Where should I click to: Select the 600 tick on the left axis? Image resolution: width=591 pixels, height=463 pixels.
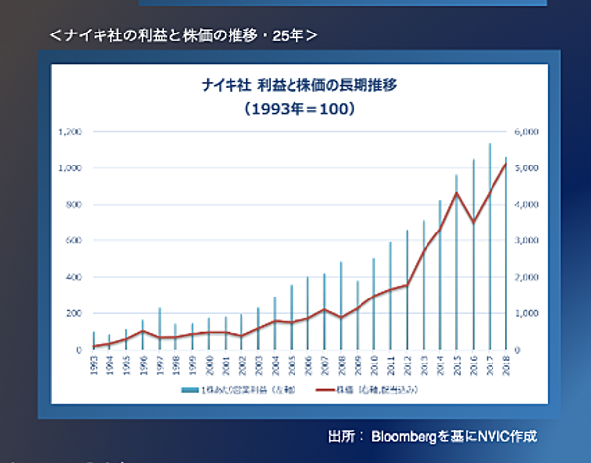click(x=72, y=241)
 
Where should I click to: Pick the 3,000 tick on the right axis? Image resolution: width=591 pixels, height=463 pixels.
click(x=524, y=241)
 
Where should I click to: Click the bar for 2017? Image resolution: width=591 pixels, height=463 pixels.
click(x=490, y=246)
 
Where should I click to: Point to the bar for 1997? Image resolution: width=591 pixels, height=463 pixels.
click(x=160, y=329)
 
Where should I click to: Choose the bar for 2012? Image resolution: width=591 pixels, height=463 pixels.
click(x=407, y=290)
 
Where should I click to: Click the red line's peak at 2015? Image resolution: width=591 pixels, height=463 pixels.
click(x=456, y=193)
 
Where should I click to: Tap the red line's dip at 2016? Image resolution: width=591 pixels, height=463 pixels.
click(x=473, y=222)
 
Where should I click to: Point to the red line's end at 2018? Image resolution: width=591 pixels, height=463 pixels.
click(x=506, y=164)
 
